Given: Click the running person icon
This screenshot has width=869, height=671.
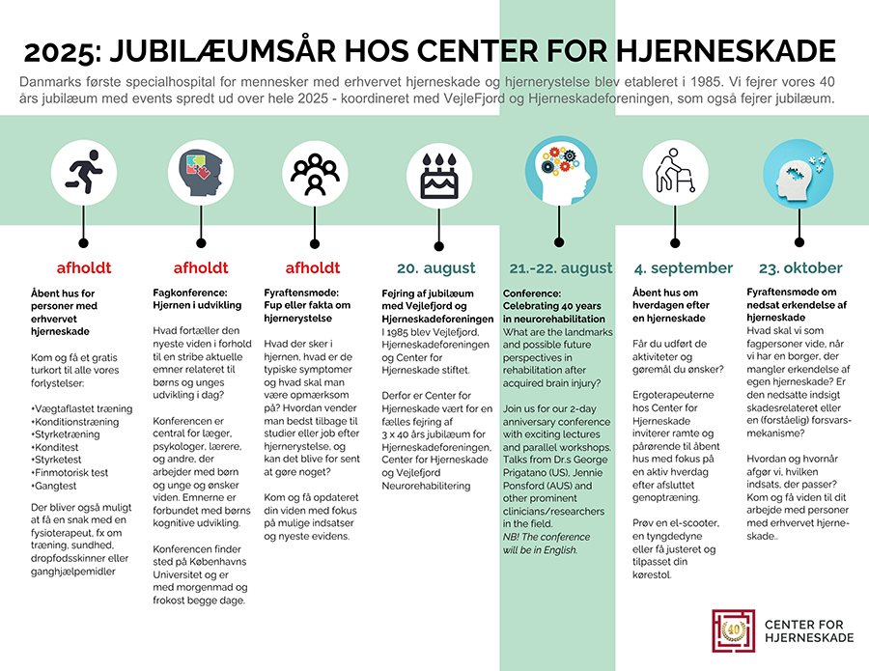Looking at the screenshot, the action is pos(84,172).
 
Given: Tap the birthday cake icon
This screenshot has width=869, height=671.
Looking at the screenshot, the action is pos(439,176).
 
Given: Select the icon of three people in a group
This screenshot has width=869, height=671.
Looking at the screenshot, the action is pos(315,174).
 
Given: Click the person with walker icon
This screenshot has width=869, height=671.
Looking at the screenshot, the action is pos(675,172).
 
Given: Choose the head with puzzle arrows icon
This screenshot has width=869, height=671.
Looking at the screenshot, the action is pos(201,172).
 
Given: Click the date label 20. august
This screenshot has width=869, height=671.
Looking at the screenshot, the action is pos(436,268).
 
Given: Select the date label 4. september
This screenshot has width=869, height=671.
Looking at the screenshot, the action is pos(684,268).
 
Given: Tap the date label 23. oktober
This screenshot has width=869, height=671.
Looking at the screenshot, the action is pos(800,268).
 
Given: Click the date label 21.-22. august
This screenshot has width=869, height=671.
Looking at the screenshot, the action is pos(561,268).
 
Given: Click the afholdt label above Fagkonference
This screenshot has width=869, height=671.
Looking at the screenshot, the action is pos(201,268).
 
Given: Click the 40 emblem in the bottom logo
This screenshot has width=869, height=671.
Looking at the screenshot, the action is pos(734,630).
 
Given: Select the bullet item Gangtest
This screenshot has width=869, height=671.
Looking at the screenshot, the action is pos(54,486).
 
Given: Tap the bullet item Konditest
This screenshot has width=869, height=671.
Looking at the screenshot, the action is pos(55,447).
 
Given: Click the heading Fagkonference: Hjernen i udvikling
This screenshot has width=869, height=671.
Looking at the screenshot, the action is pos(197,299).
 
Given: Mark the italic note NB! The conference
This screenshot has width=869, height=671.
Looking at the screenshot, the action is pos(547,537).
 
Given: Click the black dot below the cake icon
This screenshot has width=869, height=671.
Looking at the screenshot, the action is pos(439,246).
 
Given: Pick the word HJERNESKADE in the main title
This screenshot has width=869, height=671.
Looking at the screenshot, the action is pos(725,51).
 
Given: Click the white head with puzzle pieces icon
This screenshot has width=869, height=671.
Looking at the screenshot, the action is pos(799,174).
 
